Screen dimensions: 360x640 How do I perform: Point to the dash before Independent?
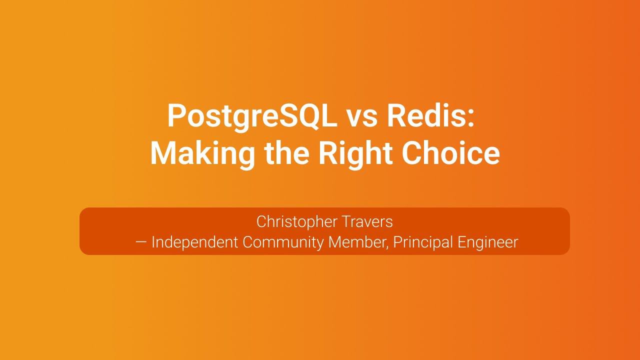141,242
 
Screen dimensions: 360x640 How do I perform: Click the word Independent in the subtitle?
194,242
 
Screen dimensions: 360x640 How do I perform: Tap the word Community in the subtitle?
283,242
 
